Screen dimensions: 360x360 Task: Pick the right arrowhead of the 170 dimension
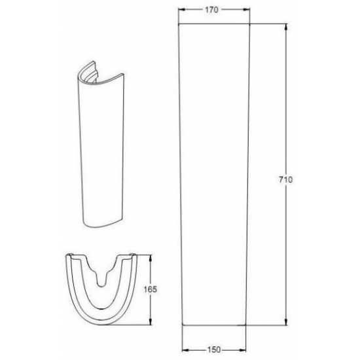coord(249,10)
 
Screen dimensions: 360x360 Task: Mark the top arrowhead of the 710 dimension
coord(286,27)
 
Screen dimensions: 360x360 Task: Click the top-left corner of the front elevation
coord(179,25)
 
